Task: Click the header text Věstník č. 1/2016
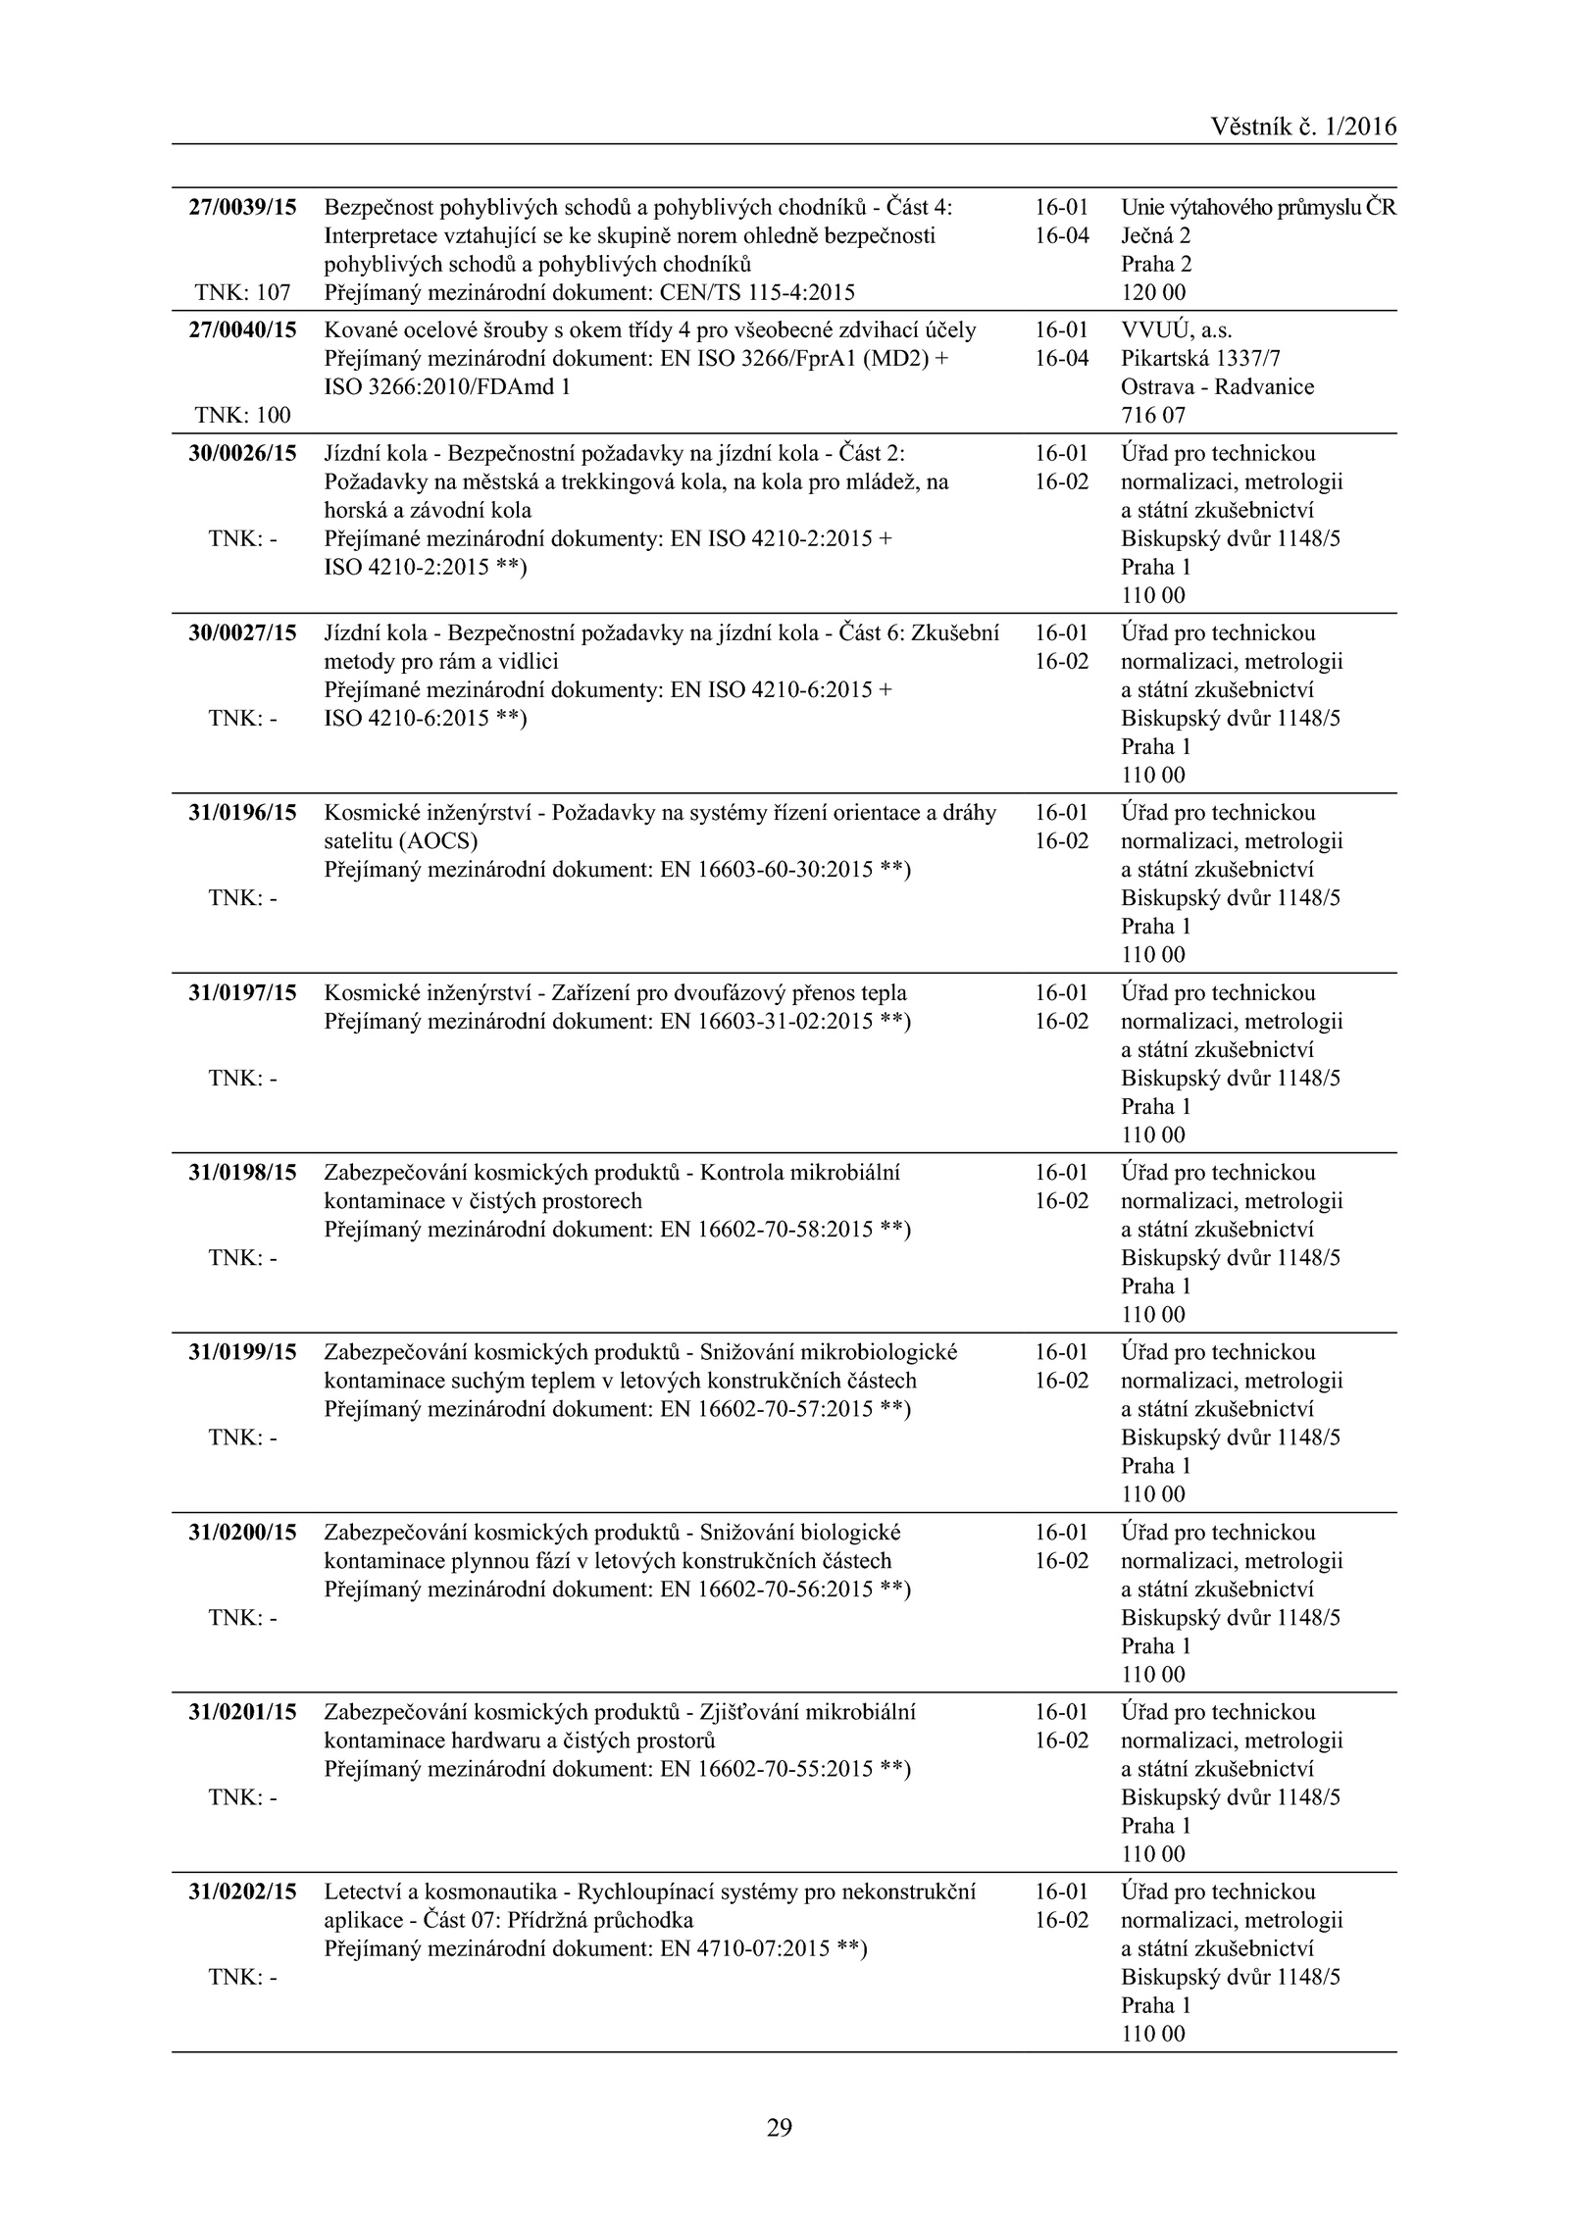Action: click(1303, 126)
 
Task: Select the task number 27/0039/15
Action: click(242, 208)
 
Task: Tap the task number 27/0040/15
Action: click(242, 330)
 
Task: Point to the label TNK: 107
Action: click(242, 292)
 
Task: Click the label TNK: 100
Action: click(242, 415)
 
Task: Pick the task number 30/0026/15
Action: click(242, 453)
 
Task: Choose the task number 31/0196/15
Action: click(242, 813)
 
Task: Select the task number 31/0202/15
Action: click(242, 1891)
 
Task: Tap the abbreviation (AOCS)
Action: click(439, 841)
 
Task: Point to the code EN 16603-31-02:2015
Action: click(767, 1021)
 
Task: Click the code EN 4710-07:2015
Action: click(745, 1948)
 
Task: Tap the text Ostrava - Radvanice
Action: click(1217, 386)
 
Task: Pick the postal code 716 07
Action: click(1153, 415)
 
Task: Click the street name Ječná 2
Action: click(1156, 236)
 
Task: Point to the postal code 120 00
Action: click(1153, 292)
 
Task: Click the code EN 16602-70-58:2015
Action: click(767, 1230)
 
